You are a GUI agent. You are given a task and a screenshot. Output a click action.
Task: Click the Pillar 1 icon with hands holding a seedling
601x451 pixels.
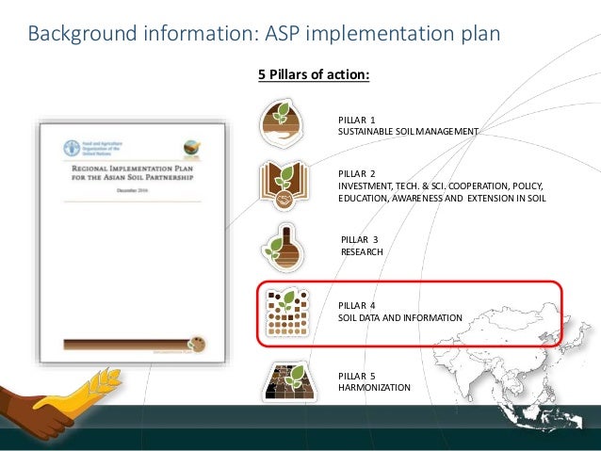[x=281, y=121]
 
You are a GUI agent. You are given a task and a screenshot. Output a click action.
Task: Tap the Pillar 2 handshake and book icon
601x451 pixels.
[x=282, y=185]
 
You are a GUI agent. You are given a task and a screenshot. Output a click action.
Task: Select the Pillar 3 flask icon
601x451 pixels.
[x=281, y=247]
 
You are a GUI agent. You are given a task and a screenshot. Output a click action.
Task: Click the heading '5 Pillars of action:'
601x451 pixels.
[x=314, y=74]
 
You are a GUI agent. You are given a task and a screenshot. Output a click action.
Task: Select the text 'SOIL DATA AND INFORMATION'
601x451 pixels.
[x=399, y=318]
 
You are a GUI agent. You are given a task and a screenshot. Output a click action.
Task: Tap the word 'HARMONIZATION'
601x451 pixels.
[x=374, y=387]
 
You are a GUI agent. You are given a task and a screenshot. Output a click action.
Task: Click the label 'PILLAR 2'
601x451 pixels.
[x=356, y=174]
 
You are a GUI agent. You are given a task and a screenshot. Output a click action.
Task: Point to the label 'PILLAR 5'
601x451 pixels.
[x=356, y=376]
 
